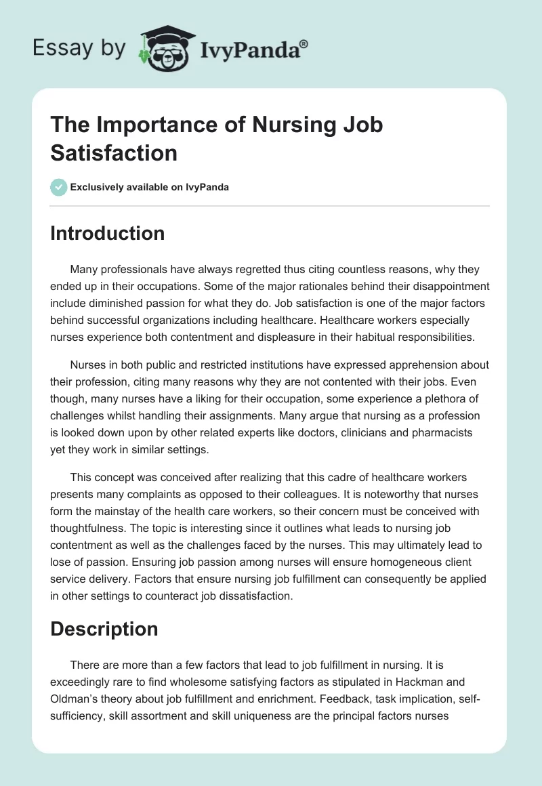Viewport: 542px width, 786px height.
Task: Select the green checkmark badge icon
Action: click(58, 187)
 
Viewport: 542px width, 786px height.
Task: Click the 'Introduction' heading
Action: click(108, 233)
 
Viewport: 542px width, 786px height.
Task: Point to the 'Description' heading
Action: click(104, 628)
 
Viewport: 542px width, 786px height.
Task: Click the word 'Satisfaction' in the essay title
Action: click(114, 152)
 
